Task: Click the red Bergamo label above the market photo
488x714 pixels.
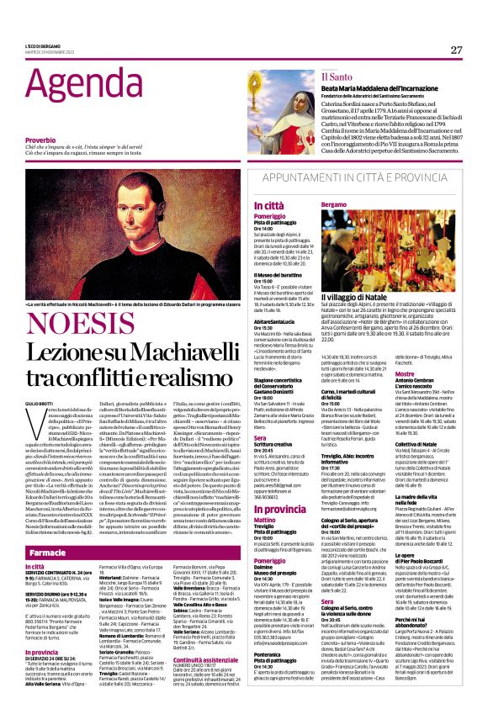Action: point(334,204)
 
